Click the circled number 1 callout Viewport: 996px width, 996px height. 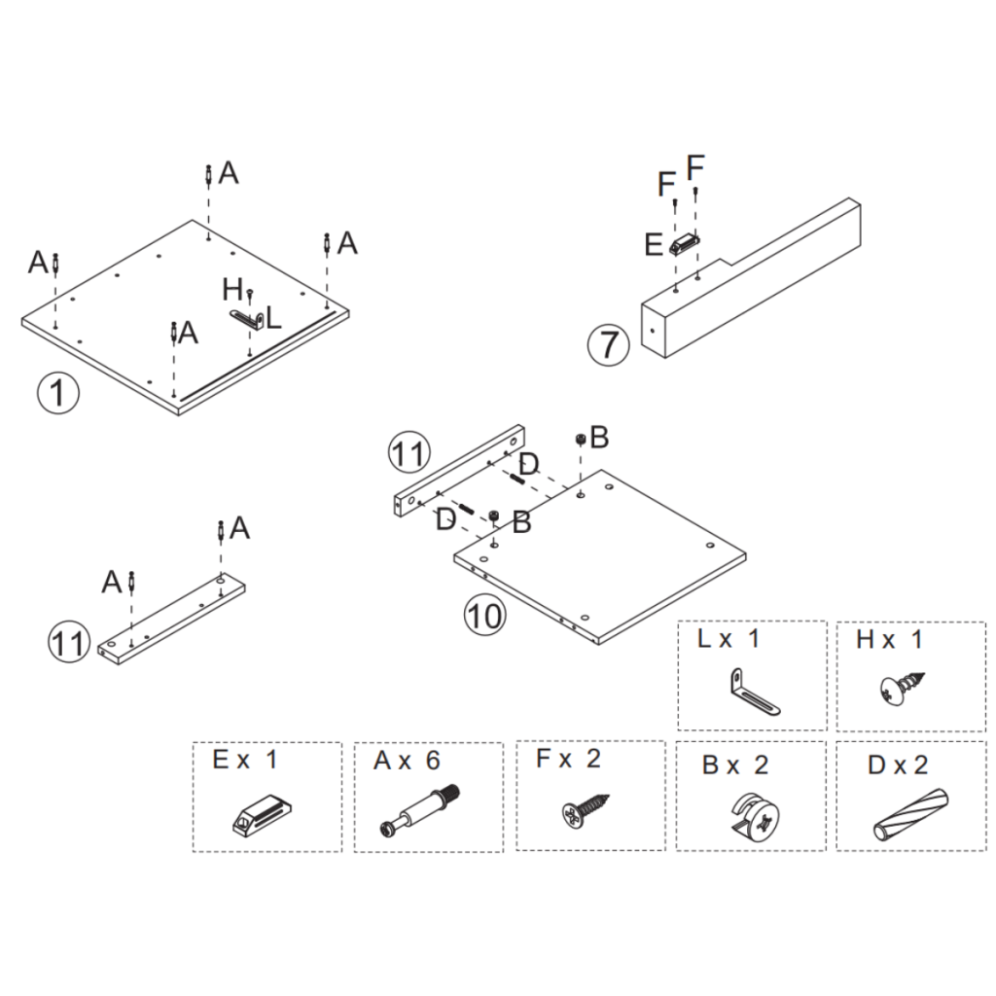[58, 394]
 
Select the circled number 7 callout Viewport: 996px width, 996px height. [607, 345]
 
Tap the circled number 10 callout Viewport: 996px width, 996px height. [483, 615]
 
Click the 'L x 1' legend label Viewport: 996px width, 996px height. [729, 639]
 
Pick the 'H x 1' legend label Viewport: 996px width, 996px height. [889, 639]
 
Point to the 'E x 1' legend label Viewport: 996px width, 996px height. [244, 760]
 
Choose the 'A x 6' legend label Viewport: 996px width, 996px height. [407, 761]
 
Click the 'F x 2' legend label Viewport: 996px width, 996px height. [569, 759]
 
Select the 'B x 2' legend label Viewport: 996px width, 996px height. [734, 765]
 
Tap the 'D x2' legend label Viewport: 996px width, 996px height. [898, 765]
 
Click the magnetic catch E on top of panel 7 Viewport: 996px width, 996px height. [685, 243]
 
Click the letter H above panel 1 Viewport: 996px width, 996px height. [231, 289]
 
